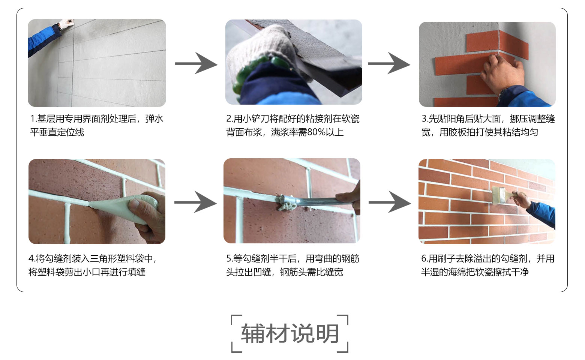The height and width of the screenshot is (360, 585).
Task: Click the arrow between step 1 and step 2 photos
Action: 196,63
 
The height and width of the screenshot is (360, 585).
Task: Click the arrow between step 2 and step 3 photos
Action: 389,63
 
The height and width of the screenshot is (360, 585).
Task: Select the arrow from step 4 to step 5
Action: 195,202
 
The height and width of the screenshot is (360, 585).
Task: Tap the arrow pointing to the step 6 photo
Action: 390,202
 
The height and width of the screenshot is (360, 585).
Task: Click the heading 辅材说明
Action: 290,334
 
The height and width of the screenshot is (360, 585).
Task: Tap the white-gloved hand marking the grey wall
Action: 66,24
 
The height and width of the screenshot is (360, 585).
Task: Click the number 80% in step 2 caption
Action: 316,132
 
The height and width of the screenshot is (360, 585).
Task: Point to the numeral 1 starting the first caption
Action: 32,118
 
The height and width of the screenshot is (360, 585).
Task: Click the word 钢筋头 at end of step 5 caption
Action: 293,272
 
